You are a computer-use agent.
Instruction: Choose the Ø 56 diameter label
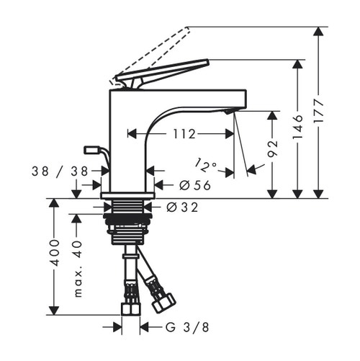189,184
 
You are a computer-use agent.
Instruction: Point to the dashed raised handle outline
155,50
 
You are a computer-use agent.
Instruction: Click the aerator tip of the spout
228,112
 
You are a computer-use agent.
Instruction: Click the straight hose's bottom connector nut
130,311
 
